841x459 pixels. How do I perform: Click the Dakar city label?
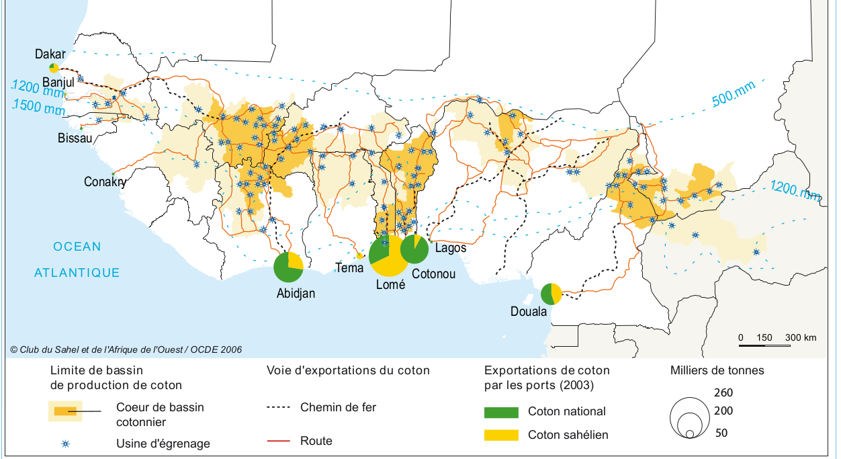(50, 54)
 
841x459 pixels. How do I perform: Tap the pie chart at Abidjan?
(288, 267)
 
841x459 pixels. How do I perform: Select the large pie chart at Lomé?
(389, 255)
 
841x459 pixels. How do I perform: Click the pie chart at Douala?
(551, 294)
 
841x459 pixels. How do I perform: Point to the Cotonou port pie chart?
(414, 249)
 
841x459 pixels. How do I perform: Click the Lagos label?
(450, 248)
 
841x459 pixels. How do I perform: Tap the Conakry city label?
(105, 182)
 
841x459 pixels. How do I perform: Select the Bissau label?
(75, 138)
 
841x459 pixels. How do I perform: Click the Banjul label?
(58, 82)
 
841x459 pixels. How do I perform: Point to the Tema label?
(349, 268)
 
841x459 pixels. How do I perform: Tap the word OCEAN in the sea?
(77, 247)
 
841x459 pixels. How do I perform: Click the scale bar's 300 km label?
(801, 337)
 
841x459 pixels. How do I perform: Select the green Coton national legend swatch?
(501, 412)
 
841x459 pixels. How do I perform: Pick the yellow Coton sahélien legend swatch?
(501, 435)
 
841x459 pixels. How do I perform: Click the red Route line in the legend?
(279, 441)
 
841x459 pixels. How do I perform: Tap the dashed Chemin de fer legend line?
(279, 407)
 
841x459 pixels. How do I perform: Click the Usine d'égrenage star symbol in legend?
(65, 444)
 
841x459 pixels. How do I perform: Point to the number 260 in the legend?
(723, 393)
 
